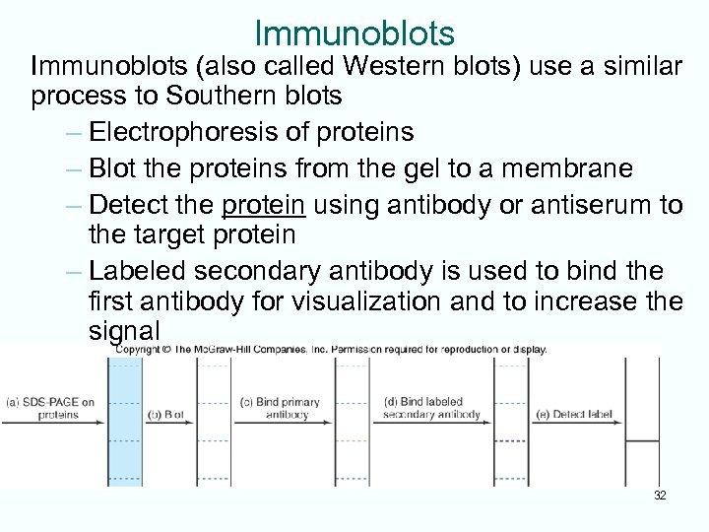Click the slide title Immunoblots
coord(354,33)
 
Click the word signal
coord(123,330)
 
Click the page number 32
coord(660,496)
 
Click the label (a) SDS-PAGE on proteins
coord(51,408)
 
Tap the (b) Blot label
coord(166,415)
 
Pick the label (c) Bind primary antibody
coord(280,408)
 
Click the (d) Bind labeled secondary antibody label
coord(432,408)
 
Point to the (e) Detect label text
coord(575,415)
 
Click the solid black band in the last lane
coord(643,440)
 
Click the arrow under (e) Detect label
coord(576,425)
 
